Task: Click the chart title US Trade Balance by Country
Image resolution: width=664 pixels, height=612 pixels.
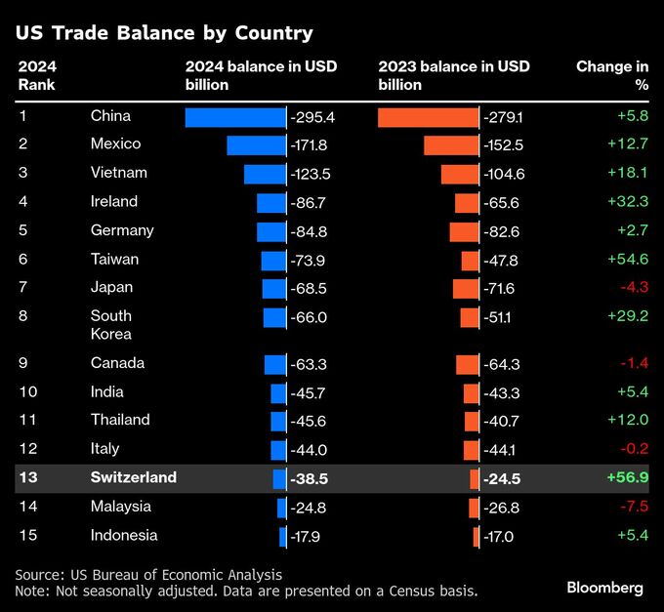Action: [x=164, y=33]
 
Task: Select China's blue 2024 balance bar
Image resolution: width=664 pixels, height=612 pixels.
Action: [x=234, y=117]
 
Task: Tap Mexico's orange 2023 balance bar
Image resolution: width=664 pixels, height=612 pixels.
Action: [x=451, y=145]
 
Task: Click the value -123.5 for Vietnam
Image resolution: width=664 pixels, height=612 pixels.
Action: [x=311, y=174]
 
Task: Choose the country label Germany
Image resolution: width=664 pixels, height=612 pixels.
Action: [x=122, y=230]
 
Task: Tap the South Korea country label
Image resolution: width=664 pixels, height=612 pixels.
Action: [x=111, y=325]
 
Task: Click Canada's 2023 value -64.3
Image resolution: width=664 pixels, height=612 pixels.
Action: [x=503, y=364]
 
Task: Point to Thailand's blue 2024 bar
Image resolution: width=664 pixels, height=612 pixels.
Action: [x=278, y=421]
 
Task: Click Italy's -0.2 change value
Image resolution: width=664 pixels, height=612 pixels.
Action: [x=635, y=449]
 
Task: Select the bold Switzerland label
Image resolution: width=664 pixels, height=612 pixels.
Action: [x=134, y=477]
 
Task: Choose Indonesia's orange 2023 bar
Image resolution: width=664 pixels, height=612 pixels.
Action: [x=477, y=536]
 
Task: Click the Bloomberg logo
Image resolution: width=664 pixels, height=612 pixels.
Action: [x=604, y=588]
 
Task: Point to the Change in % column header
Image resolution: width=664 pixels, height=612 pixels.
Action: [x=613, y=75]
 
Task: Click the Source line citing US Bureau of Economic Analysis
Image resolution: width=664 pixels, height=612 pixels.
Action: [x=148, y=574]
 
